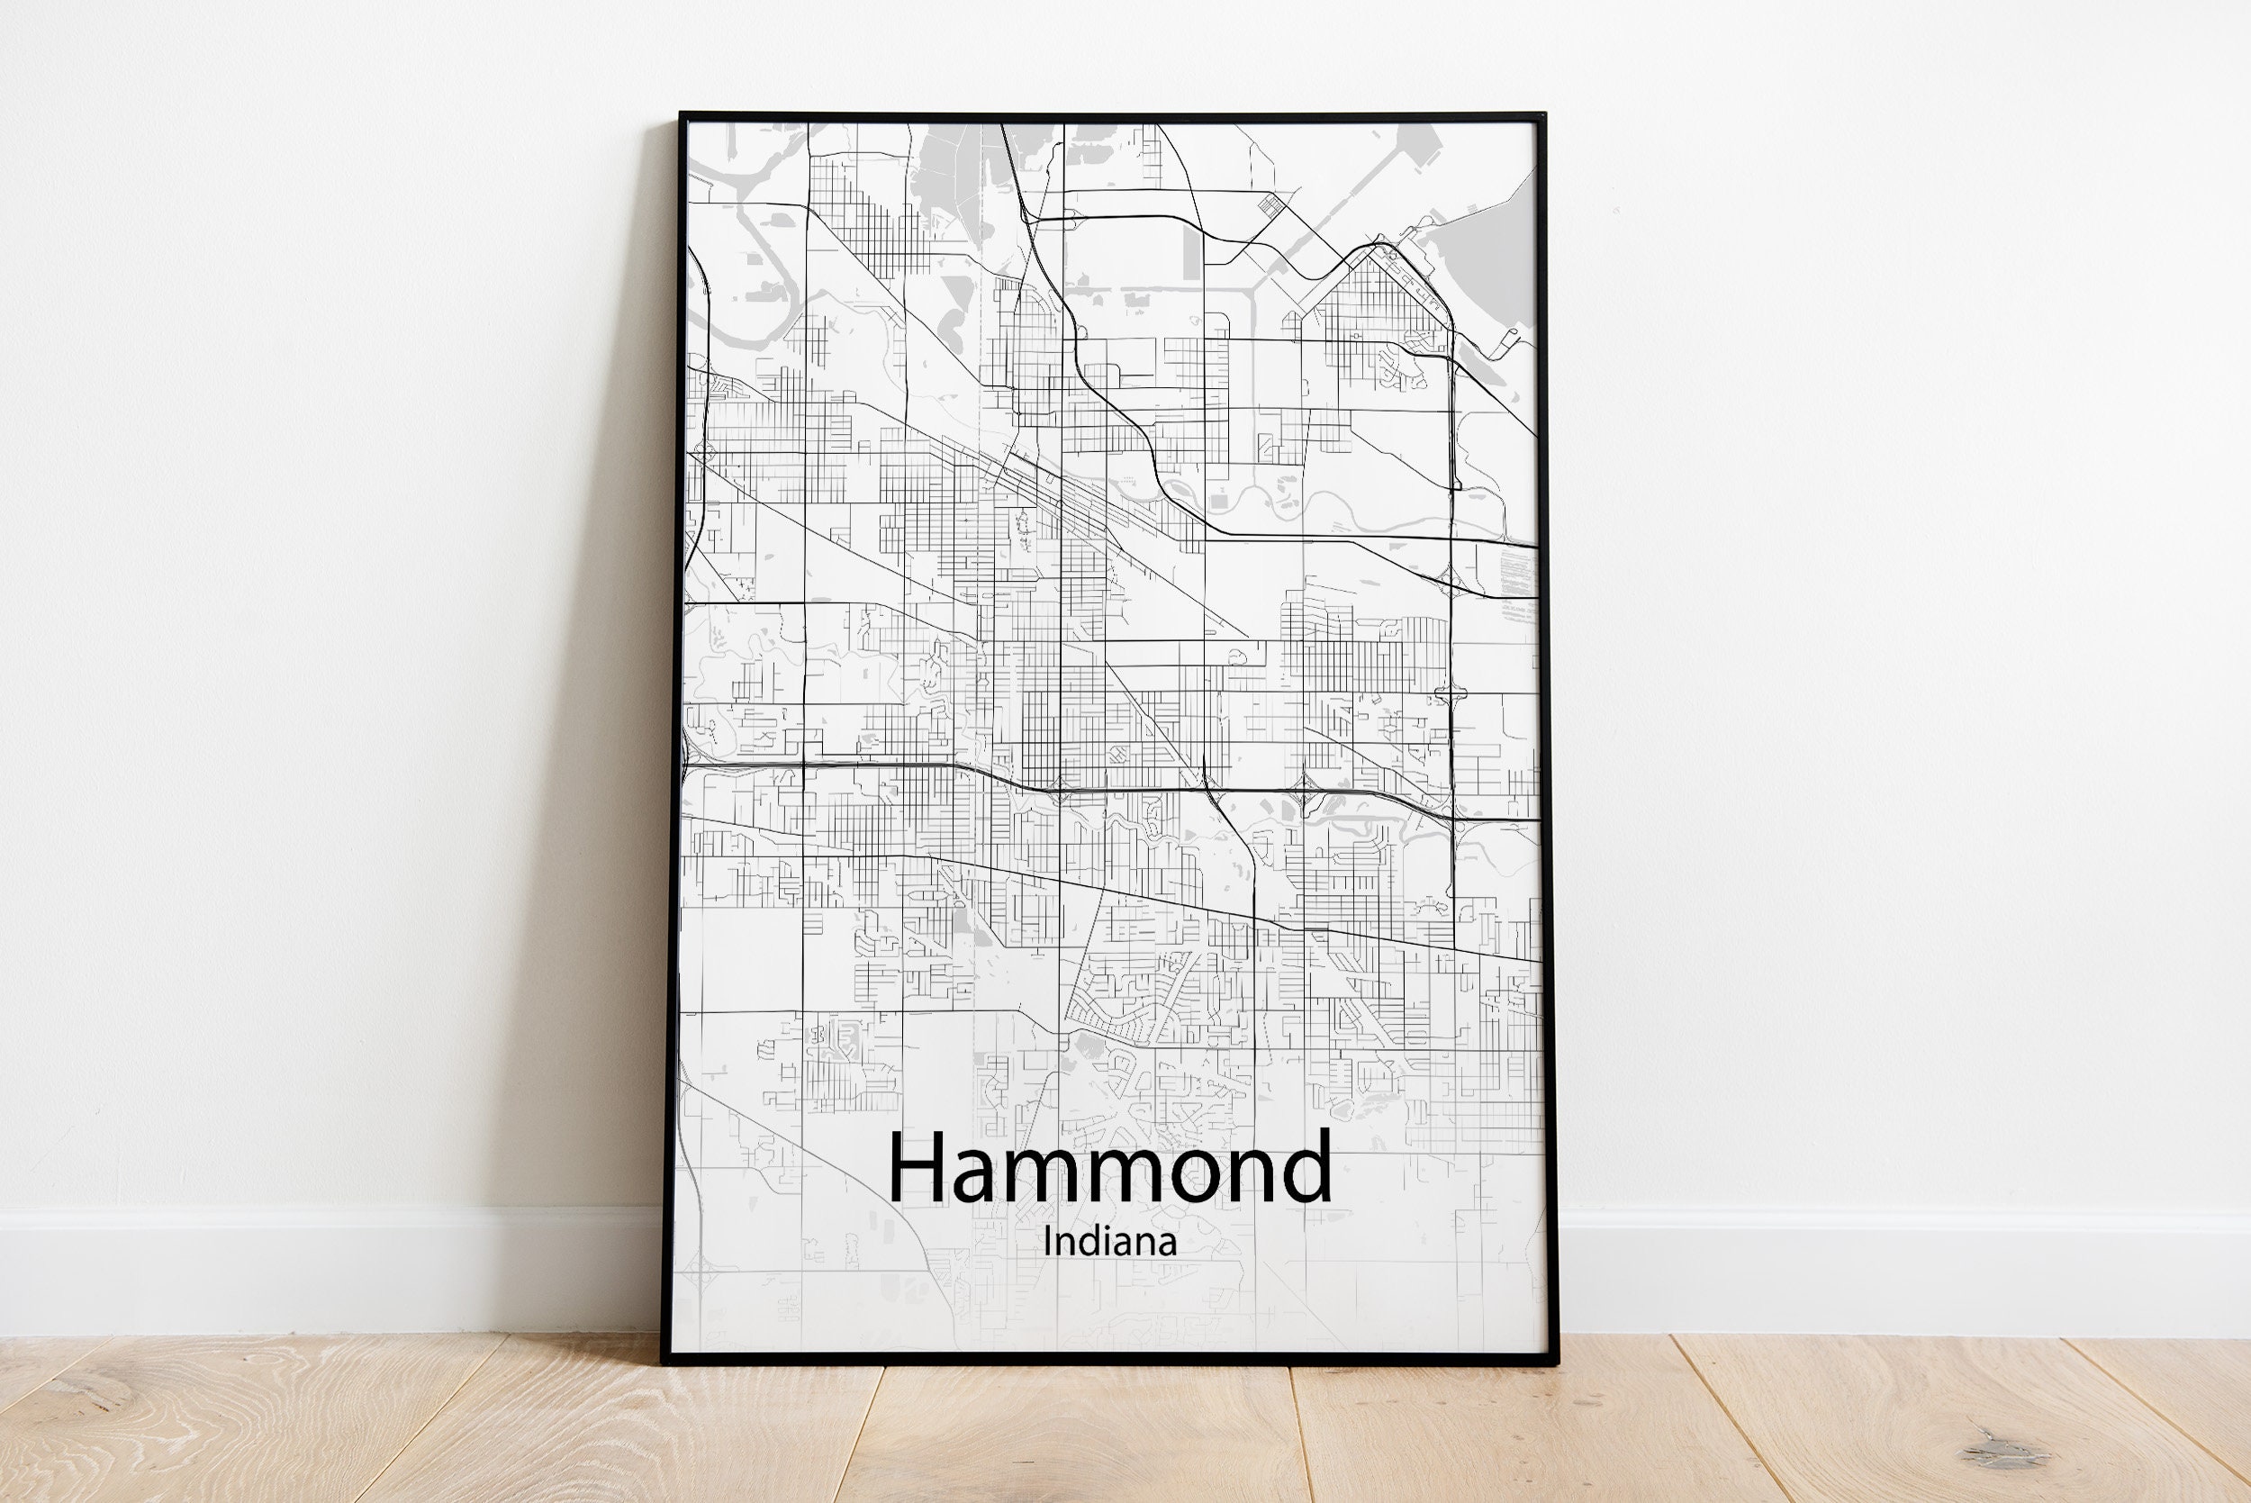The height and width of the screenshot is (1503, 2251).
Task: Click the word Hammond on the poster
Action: tap(1109, 1167)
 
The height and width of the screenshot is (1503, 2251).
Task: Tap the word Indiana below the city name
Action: tap(1109, 1242)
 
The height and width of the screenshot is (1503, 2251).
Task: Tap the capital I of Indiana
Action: tap(1047, 1241)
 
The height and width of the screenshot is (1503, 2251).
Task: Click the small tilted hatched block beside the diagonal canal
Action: tap(1270, 204)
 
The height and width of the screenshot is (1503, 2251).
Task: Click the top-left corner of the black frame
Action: tap(682, 116)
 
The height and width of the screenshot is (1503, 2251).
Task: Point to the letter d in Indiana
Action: tap(1098, 1241)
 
